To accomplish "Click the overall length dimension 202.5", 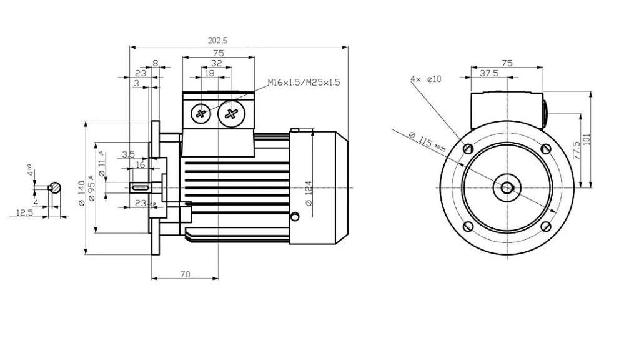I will (x=217, y=41).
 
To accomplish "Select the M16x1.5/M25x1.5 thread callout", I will (x=304, y=82).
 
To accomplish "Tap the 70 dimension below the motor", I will (x=185, y=273).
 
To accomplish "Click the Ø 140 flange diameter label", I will (x=81, y=195).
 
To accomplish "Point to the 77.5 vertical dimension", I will (x=575, y=151).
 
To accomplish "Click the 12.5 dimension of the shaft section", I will (x=24, y=213).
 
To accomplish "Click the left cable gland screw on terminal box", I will (x=201, y=113).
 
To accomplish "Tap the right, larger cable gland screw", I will (x=232, y=113).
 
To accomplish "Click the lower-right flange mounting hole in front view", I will (x=545, y=226).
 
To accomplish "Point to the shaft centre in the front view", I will (x=507, y=187).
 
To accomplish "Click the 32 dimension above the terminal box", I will (x=216, y=63).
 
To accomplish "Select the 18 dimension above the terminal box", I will (x=210, y=73).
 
